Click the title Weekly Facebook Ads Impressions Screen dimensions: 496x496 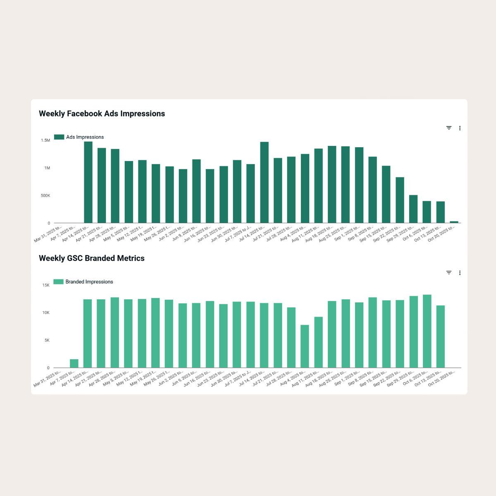point(102,114)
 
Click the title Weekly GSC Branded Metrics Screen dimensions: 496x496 point(92,258)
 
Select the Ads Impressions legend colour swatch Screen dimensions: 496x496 point(59,137)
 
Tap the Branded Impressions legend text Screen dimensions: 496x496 point(89,282)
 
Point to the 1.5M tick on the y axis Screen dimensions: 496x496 point(45,141)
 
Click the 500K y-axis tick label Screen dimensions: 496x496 point(45,196)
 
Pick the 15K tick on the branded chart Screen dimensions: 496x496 point(45,285)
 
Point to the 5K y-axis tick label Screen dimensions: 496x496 point(47,341)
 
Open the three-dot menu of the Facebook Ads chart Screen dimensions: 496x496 point(460,128)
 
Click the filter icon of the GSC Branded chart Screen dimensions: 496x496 point(449,273)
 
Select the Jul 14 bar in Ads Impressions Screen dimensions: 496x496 point(264,182)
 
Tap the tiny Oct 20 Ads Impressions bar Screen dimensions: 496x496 point(454,222)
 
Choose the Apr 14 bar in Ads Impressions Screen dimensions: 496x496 point(88,182)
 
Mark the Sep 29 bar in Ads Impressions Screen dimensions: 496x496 point(413,209)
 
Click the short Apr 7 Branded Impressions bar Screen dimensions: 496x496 point(74,363)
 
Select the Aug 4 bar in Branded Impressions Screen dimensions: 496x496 point(305,346)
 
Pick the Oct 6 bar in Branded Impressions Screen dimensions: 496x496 point(427,331)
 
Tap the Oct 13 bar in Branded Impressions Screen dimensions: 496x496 point(441,336)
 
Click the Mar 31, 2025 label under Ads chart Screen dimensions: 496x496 point(48,234)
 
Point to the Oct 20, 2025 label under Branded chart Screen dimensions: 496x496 point(441,378)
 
